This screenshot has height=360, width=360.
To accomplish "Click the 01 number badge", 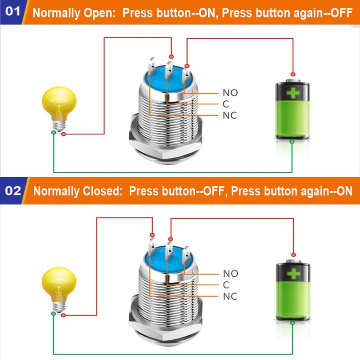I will pyautogui.click(x=14, y=12).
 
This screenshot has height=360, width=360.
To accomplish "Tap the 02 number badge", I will pyautogui.click(x=14, y=191).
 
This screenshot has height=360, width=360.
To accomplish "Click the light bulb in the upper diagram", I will pyautogui.click(x=58, y=106).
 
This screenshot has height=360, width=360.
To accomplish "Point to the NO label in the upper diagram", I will pyautogui.click(x=230, y=93).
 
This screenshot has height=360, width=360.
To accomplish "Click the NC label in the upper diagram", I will pyautogui.click(x=230, y=116).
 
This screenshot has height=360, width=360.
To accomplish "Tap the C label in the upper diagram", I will pyautogui.click(x=226, y=104).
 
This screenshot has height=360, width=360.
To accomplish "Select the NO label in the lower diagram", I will pyautogui.click(x=230, y=274).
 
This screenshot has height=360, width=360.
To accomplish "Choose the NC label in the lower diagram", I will pyautogui.click(x=230, y=296).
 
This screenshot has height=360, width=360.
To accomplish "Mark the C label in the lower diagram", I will pyautogui.click(x=226, y=285).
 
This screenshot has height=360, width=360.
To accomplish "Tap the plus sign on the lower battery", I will pyautogui.click(x=293, y=274).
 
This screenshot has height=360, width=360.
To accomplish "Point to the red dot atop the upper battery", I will pyautogui.click(x=293, y=74).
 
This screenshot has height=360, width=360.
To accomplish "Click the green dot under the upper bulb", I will pyautogui.click(x=54, y=132).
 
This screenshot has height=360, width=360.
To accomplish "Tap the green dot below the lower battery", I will pyautogui.click(x=293, y=322).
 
